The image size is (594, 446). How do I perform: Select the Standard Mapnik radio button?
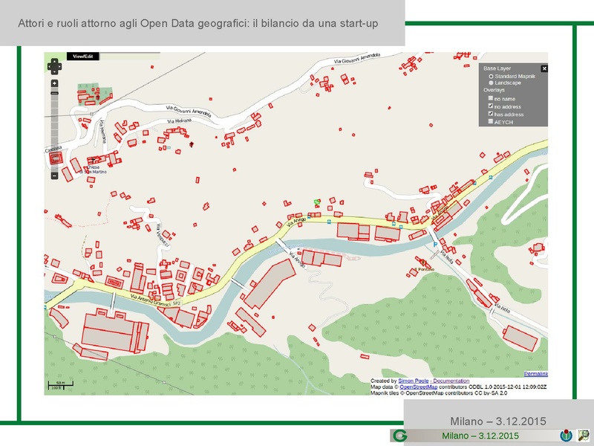tap(491, 76)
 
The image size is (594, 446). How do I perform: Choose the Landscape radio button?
tap(491, 83)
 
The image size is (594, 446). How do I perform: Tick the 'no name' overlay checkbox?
tap(491, 98)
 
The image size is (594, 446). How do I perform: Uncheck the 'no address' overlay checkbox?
tap(491, 106)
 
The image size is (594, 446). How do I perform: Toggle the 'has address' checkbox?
tap(491, 114)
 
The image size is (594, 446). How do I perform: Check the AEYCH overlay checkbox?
tap(491, 121)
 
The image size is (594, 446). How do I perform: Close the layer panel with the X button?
tap(544, 68)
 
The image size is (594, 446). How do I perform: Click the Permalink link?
tap(535, 372)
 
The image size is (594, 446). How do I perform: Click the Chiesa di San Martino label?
tap(97, 169)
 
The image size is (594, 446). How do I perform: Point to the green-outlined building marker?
tap(317, 201)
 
